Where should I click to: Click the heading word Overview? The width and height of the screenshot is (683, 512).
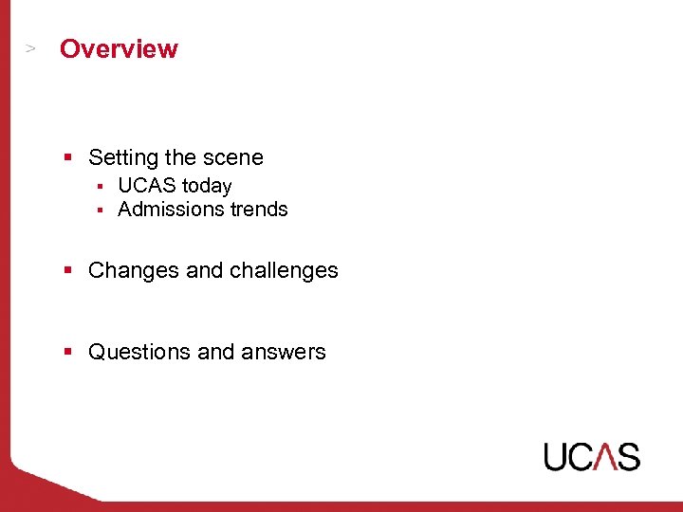point(119,49)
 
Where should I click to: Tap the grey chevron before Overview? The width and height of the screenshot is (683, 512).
point(31,46)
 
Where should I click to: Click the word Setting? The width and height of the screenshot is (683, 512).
point(122,158)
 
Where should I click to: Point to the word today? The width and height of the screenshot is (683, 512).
point(207,186)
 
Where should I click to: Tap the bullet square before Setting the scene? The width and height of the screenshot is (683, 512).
point(68,157)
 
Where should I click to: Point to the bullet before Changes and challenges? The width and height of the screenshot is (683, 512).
point(68,270)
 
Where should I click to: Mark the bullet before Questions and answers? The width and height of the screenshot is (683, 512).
point(68,351)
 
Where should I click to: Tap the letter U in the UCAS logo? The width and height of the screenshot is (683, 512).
point(556,456)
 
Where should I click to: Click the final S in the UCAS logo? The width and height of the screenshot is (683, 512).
point(628,456)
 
